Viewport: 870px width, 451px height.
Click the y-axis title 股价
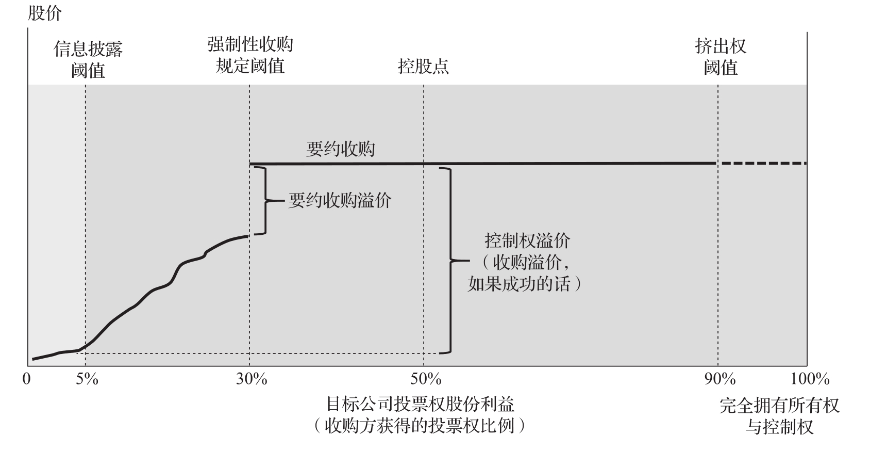[44, 13]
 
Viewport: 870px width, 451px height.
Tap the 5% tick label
[87, 379]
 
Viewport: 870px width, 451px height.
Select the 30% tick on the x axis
[252, 379]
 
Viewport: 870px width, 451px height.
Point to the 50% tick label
[426, 379]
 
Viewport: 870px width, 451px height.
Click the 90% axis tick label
[720, 379]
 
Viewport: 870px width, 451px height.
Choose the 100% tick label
[810, 379]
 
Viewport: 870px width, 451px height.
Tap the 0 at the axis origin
[27, 379]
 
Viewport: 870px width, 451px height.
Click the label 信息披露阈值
[88, 59]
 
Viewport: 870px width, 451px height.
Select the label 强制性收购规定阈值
[250, 55]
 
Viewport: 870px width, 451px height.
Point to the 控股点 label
[423, 66]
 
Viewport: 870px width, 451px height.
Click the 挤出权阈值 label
[721, 57]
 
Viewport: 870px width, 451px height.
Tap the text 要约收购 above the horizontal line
[340, 149]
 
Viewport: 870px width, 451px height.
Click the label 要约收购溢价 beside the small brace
[340, 200]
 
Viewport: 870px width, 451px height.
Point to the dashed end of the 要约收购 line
[763, 163]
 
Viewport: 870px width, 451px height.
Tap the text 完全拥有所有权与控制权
[779, 416]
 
